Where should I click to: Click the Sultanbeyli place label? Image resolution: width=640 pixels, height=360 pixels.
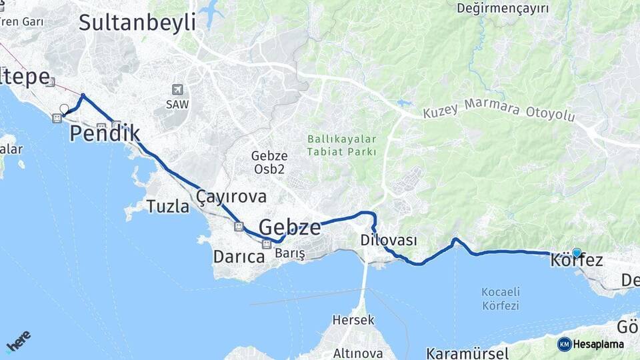click(137, 22)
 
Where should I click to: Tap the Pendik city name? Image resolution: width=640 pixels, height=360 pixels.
click(105, 133)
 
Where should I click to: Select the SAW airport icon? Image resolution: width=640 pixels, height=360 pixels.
click(177, 89)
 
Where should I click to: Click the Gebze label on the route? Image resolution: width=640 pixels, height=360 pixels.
click(289, 227)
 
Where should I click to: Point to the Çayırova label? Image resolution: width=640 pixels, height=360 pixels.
click(231, 196)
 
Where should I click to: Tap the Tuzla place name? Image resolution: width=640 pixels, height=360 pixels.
click(168, 207)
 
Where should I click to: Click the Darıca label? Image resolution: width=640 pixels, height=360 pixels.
click(239, 256)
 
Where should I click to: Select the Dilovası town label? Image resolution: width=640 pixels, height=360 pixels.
click(389, 240)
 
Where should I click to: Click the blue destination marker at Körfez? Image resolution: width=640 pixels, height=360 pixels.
click(577, 253)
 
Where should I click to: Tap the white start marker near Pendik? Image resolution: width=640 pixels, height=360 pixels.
click(64, 109)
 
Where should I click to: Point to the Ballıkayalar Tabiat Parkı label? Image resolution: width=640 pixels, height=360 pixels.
click(342, 145)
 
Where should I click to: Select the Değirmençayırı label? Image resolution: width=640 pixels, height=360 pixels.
click(503, 8)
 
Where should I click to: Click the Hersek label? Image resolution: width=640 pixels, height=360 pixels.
click(353, 320)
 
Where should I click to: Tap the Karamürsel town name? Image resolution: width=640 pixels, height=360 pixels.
click(467, 352)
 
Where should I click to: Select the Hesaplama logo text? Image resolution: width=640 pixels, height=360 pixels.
click(598, 345)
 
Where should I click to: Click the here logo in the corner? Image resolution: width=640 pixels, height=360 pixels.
click(18, 341)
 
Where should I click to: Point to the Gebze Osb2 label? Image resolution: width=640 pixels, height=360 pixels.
click(269, 162)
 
